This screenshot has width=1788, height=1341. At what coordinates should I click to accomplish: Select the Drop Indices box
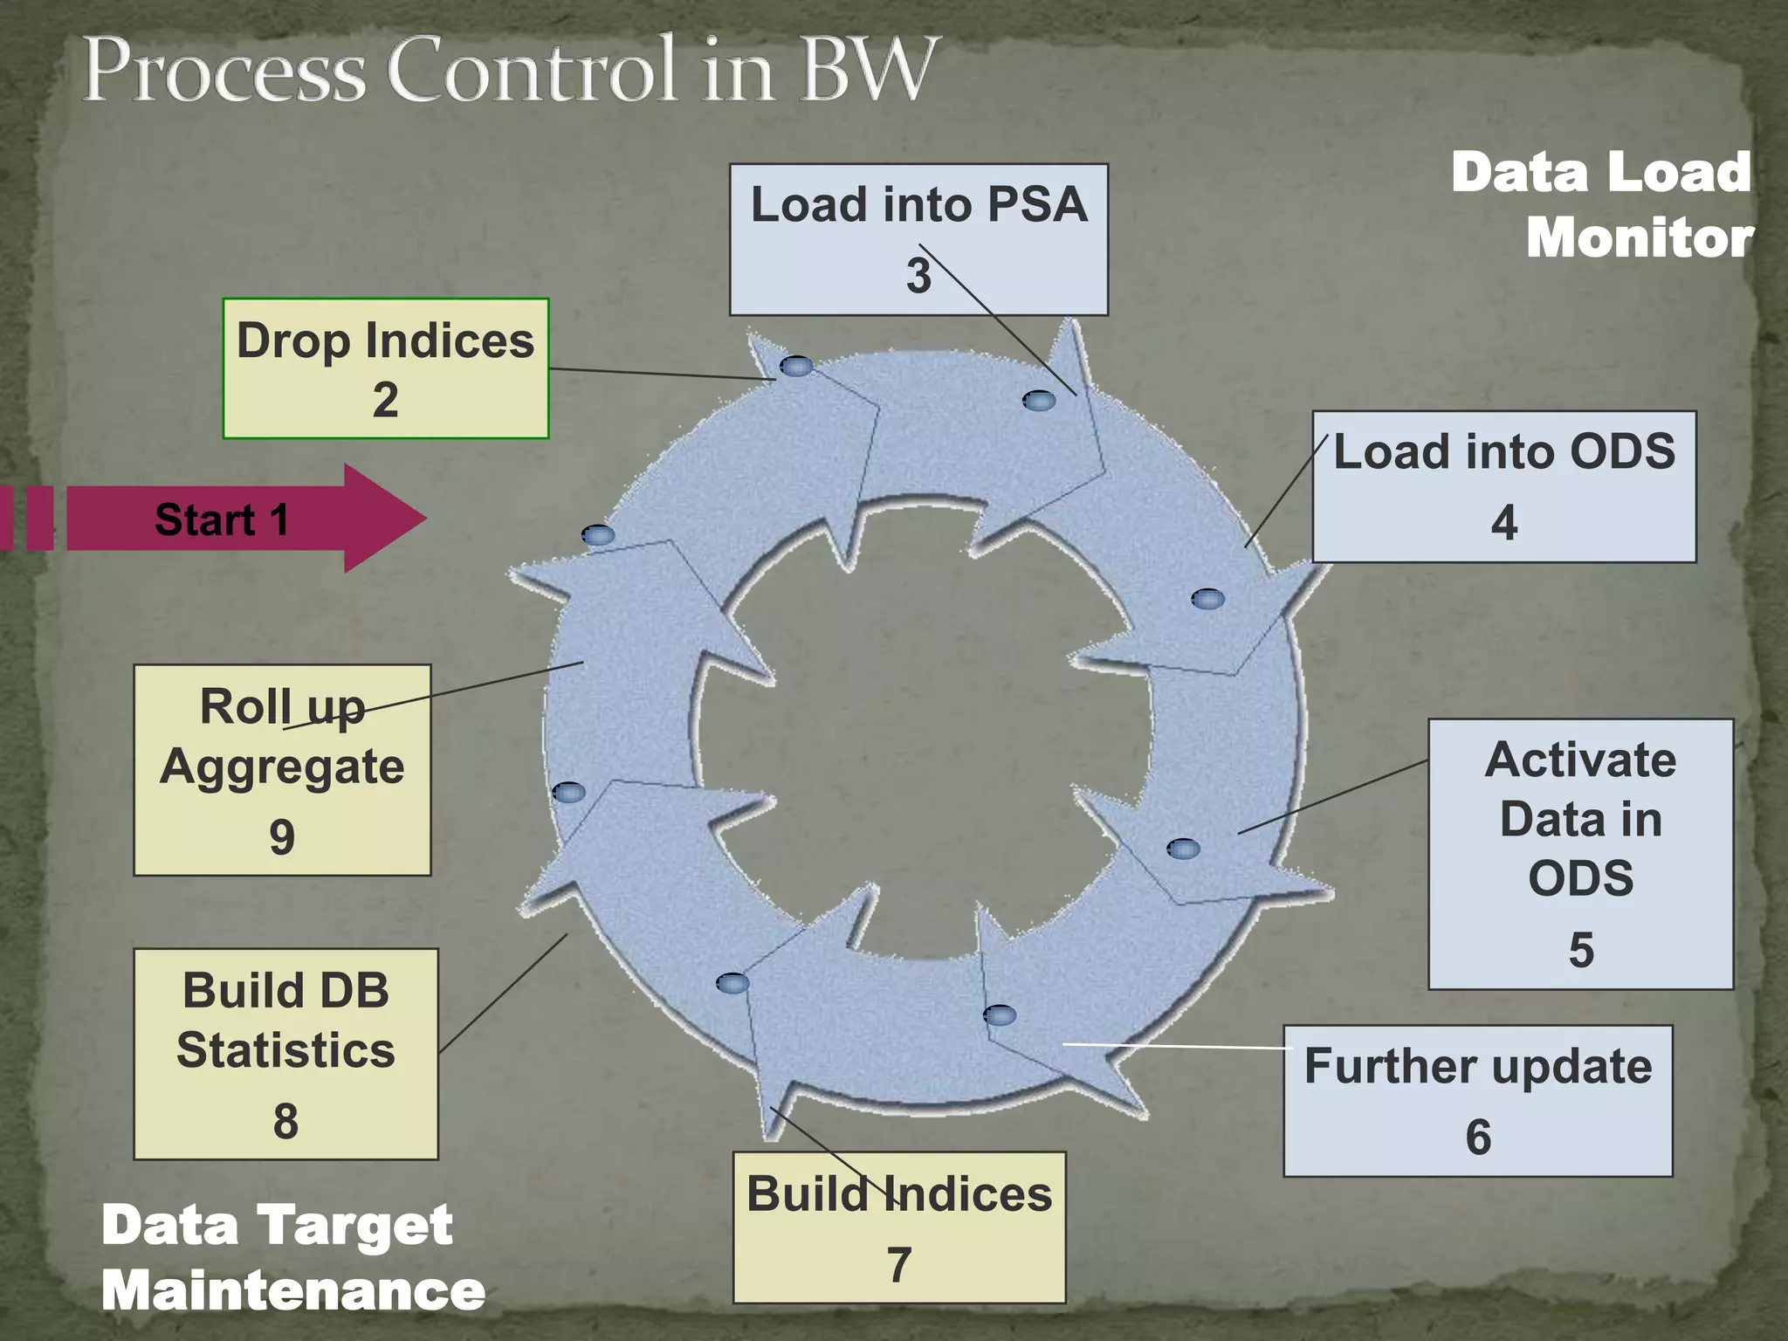coord(385,368)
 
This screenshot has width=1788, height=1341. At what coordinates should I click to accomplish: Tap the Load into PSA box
coord(918,238)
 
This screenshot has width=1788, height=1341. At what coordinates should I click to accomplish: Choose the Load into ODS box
coord(1503,486)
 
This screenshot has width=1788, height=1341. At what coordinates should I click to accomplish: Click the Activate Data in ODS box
coord(1580,853)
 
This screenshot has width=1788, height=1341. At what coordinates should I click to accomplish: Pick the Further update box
coord(1477,1100)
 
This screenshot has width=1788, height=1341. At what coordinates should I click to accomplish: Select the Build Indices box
coord(898,1227)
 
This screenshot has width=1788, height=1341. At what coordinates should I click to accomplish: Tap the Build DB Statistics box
coord(285,1054)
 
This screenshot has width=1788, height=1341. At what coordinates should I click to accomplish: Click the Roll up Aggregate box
coord(282,769)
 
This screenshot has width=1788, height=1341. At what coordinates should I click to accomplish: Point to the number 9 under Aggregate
coord(282,836)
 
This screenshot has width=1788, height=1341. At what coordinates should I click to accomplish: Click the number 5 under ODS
coord(1581,949)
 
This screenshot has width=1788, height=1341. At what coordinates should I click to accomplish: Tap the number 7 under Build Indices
coord(899,1264)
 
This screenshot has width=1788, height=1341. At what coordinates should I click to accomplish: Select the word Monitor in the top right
coord(1639,237)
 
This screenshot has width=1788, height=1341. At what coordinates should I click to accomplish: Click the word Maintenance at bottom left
coord(292,1290)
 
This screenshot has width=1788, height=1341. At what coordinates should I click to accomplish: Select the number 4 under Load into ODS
coord(1503,522)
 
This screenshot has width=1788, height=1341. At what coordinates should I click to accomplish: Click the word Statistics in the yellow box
coord(285,1049)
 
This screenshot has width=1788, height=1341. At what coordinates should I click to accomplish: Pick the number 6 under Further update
coord(1478,1137)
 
